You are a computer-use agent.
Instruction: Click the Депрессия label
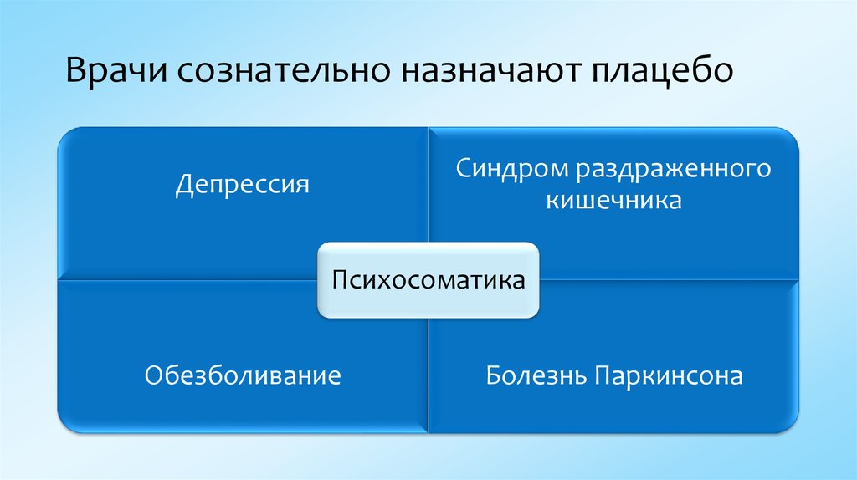[x=243, y=184]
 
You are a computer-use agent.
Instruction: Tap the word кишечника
[x=613, y=201]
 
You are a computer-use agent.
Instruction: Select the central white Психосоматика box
[x=428, y=279]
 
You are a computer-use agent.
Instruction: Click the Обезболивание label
[x=243, y=375]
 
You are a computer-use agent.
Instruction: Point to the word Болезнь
[x=536, y=375]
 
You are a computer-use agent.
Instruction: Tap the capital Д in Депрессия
[x=183, y=185]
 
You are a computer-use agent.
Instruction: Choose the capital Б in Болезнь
[x=494, y=375]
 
